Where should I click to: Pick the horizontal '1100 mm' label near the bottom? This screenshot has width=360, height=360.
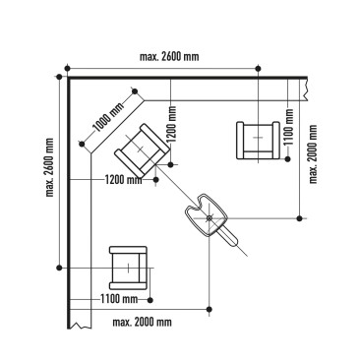[119, 298]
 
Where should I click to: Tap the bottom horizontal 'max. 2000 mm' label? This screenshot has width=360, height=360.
[142, 322]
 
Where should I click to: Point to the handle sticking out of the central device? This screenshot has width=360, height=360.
[231, 239]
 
